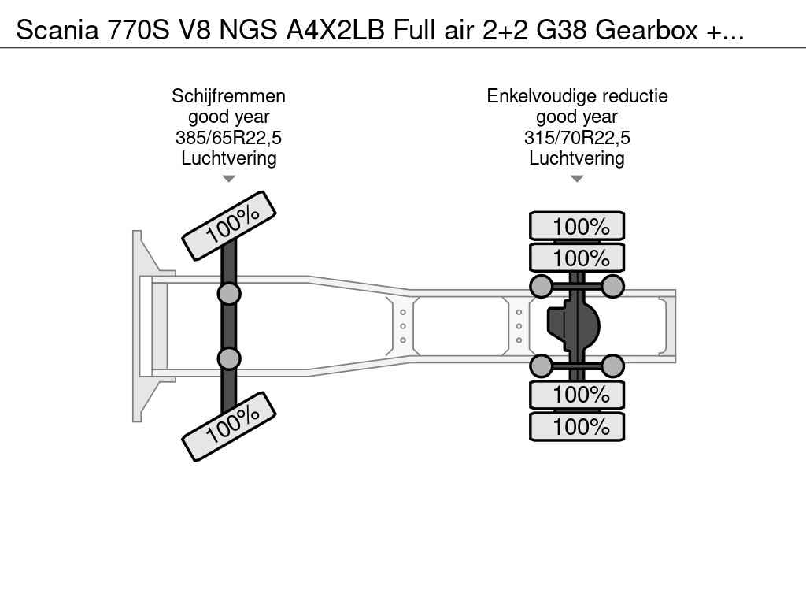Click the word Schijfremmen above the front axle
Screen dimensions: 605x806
228,96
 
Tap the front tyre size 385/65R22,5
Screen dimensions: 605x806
228,138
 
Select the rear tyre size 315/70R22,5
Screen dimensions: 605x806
577,138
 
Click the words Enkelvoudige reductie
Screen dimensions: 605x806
577,96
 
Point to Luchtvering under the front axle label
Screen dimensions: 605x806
228,158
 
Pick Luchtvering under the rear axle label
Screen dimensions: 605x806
577,158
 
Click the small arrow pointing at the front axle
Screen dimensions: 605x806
228,179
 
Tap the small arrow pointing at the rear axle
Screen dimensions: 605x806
577,179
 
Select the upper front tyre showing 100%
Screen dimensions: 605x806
229,225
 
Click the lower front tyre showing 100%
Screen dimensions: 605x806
229,426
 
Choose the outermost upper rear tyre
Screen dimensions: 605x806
577,227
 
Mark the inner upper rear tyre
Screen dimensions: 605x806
577,258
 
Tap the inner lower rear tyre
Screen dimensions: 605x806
577,395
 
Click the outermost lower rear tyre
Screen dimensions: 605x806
577,427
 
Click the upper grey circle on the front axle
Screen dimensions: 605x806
228,294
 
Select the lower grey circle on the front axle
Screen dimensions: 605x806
228,358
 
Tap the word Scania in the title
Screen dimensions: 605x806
57,30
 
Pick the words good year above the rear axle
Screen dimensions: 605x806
577,117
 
